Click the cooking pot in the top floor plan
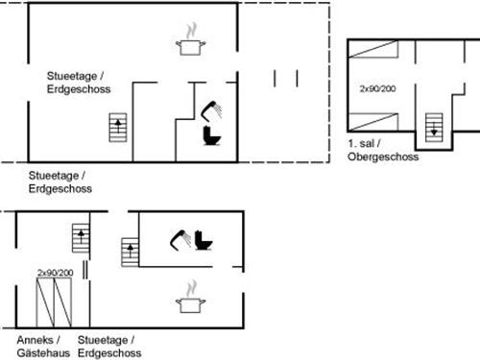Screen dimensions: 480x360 191,45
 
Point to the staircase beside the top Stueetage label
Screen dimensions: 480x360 118,128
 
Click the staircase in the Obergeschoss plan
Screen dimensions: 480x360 432,126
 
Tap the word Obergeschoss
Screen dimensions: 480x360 383,156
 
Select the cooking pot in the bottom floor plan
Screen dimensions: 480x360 188,304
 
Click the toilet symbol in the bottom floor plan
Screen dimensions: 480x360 203,239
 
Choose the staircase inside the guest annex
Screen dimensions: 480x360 81,238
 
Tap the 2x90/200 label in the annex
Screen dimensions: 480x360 55,273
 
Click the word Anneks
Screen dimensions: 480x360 36,340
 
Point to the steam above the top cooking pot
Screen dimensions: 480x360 190,30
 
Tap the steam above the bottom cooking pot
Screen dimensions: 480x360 191,287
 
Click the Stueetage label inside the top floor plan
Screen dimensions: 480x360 76,75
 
